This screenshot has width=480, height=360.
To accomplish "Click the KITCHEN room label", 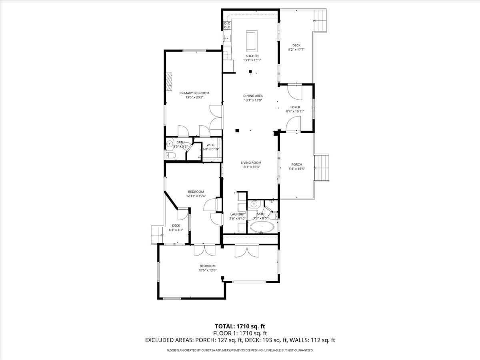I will click(252, 56).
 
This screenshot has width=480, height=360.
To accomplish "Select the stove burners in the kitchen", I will click(227, 25).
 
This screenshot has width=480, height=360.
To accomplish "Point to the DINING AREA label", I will click(253, 96).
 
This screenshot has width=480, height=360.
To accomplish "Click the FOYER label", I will click(295, 107).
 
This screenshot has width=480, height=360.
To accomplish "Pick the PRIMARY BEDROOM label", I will click(194, 93).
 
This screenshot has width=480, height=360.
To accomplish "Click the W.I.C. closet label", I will click(211, 145).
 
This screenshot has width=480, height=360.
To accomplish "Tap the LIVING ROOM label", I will click(251, 162).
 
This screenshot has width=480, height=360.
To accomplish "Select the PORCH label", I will click(297, 164).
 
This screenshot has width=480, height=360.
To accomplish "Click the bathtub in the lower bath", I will click(262, 228).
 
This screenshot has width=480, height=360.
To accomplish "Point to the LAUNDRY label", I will click(237, 214).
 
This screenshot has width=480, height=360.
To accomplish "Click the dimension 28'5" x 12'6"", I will click(208, 270).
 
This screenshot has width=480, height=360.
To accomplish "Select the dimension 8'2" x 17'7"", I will click(296, 50).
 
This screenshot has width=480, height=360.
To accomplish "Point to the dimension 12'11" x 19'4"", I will click(196, 196).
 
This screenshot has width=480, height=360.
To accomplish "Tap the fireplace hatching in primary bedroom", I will click(170, 81).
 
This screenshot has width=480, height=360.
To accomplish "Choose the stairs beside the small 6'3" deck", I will click(157, 235).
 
